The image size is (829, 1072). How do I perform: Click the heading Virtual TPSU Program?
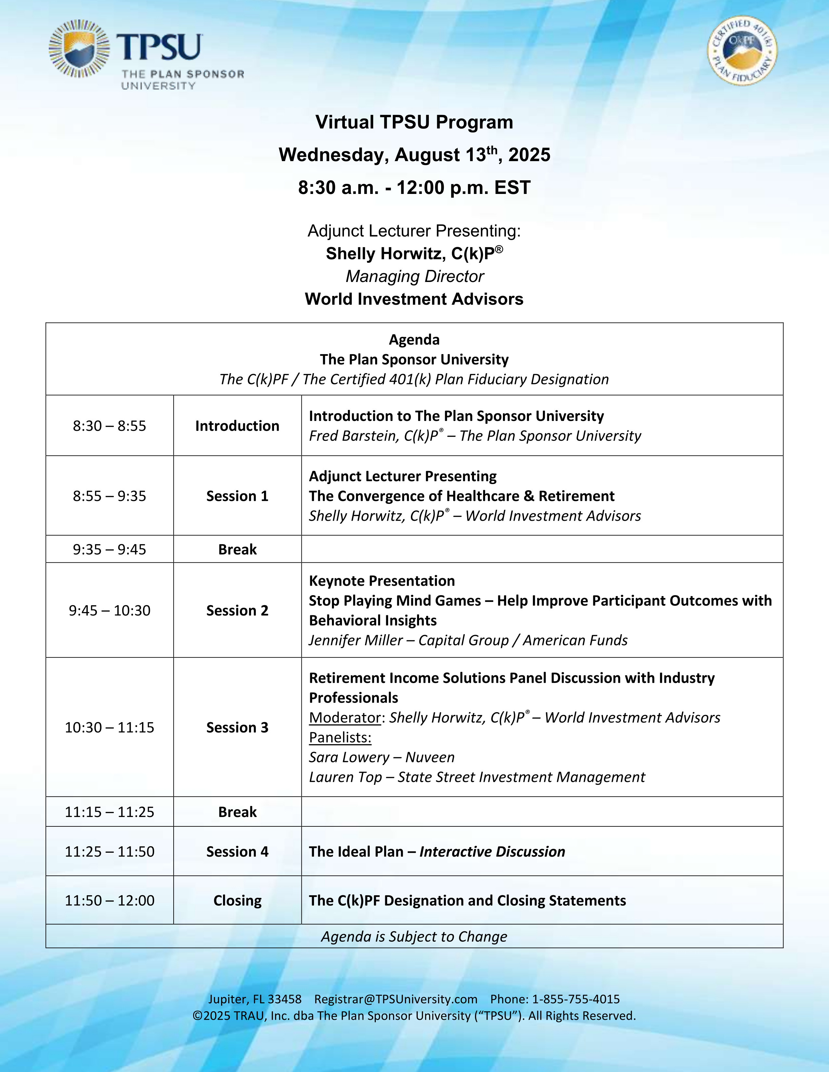point(414,122)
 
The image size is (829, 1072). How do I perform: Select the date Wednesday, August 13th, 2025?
point(414,155)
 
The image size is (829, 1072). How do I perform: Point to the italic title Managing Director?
point(414,276)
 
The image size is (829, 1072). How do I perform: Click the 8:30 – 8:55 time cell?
point(110,426)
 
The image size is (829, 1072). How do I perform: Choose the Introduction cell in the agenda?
point(237,426)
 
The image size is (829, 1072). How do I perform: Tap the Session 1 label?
point(237,496)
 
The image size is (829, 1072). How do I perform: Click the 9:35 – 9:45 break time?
point(110,549)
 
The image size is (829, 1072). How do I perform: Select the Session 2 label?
point(237,610)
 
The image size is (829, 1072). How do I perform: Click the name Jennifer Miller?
point(356,640)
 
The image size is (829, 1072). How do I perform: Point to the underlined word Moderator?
point(345,718)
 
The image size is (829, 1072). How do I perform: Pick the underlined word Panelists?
point(340,737)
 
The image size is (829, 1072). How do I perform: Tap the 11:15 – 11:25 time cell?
point(110,812)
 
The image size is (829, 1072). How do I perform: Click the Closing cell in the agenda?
point(237,900)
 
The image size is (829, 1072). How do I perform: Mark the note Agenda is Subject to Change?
point(414,937)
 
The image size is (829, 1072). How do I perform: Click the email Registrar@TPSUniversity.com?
point(396,999)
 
